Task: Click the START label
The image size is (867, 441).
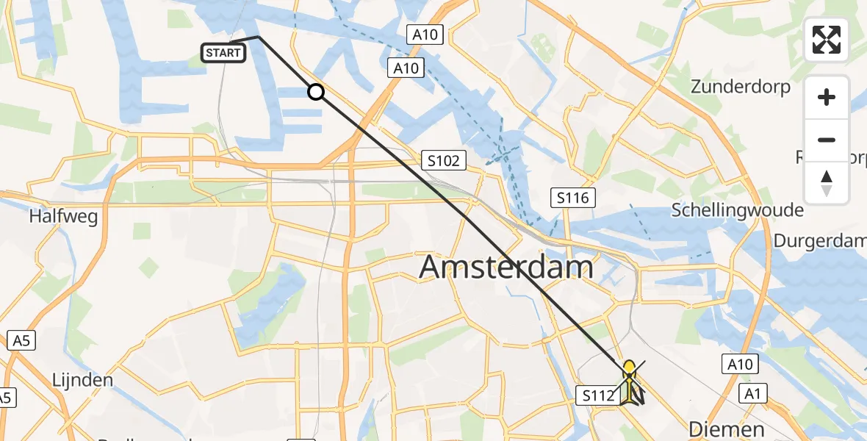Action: pyautogui.click(x=223, y=53)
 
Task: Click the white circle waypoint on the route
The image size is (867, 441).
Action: pyautogui.click(x=315, y=92)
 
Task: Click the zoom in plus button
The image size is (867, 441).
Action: pyautogui.click(x=827, y=97)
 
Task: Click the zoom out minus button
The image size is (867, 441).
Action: pyautogui.click(x=827, y=140)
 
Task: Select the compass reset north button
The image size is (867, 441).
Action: pyautogui.click(x=827, y=182)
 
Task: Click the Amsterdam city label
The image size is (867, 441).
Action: pyautogui.click(x=506, y=267)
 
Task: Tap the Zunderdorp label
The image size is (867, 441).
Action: pyautogui.click(x=741, y=87)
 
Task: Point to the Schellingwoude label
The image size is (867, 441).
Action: pyautogui.click(x=737, y=211)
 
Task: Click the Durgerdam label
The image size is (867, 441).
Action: pyautogui.click(x=820, y=241)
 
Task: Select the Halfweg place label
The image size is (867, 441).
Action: pyautogui.click(x=63, y=217)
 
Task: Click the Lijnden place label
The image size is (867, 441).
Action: pyautogui.click(x=82, y=381)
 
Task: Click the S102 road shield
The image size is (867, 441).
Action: pyautogui.click(x=441, y=160)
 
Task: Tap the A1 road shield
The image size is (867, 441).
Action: pyautogui.click(x=752, y=394)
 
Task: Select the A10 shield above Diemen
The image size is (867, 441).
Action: pyautogui.click(x=738, y=364)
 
